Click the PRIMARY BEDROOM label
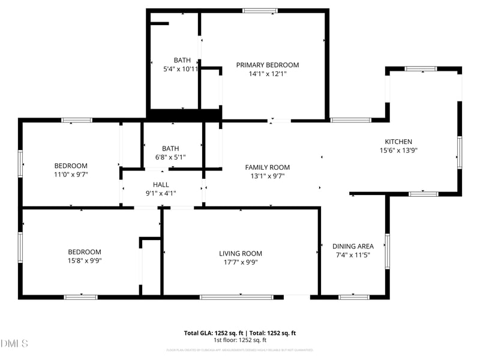pos(267,65)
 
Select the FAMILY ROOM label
pos(267,167)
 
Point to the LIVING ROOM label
pos(241,253)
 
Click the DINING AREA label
pos(353,246)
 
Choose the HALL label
pos(161,185)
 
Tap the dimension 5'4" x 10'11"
pos(181,69)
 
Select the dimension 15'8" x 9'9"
pos(84,260)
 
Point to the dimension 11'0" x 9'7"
pos(71,175)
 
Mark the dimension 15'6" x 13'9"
pos(398,151)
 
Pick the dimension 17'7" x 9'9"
pos(241,262)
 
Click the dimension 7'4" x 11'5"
pos(353,255)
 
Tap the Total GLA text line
pos(239,333)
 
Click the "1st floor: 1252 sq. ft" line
pos(239,340)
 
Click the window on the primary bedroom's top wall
pos(260,10)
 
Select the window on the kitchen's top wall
pos(421,69)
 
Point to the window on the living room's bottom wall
pos(241,296)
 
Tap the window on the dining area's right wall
pos(387,250)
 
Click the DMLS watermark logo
pos(14,343)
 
